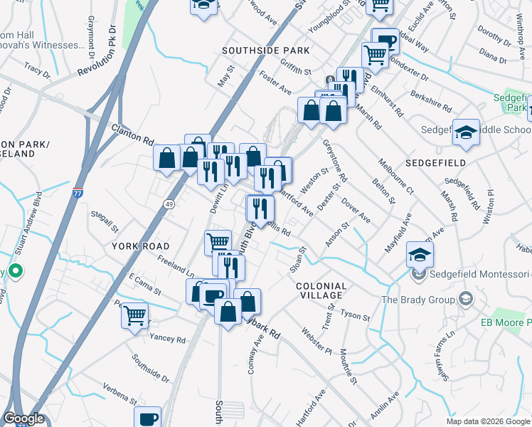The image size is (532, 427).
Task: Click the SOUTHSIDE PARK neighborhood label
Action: pos(265,51)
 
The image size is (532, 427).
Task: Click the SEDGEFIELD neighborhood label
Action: pos(435,163)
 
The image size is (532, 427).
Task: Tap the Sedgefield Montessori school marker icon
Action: pos(420,254)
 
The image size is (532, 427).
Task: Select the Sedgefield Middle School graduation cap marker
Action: pos(466,132)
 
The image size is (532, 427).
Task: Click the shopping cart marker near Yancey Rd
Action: pos(134,315)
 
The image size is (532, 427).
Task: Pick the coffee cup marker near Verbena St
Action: pos(148,418)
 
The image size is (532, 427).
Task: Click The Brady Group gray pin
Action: pos(466,298)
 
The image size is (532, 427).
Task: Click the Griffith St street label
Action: pos(296,71)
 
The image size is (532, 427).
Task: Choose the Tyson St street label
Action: pos(356,314)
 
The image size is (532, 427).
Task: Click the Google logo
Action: pos(23,418)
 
